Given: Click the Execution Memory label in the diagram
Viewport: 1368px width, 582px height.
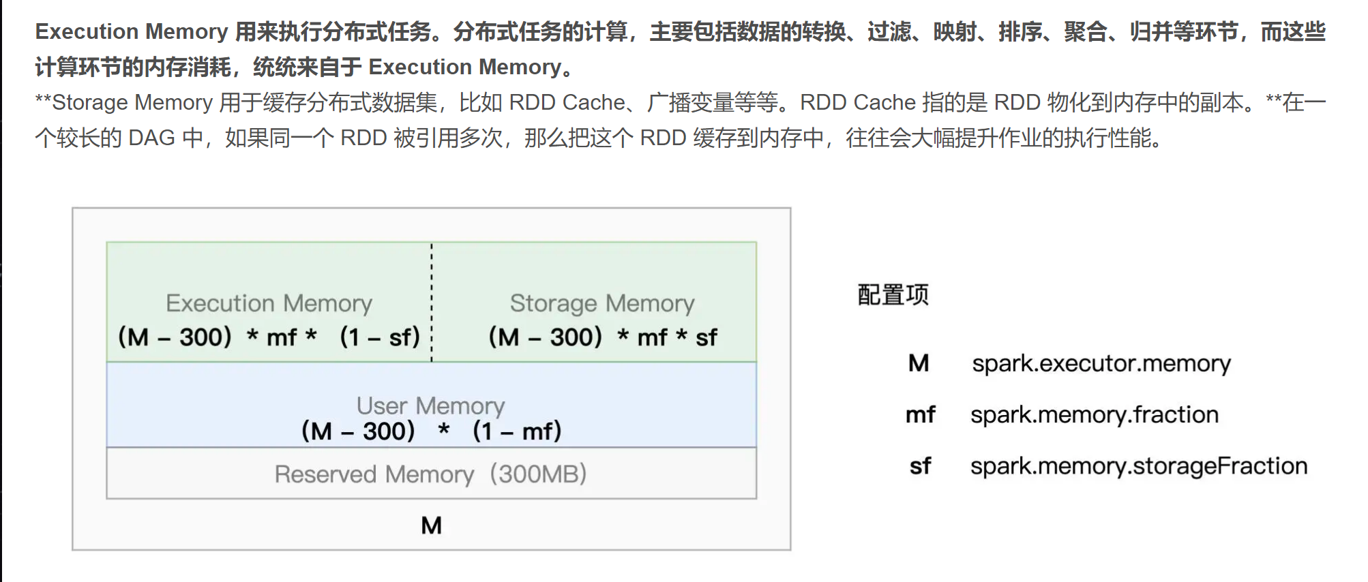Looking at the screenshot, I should [269, 303].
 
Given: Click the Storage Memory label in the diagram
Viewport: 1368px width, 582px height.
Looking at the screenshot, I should [602, 303].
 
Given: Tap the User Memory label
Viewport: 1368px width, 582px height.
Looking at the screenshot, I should [430, 406].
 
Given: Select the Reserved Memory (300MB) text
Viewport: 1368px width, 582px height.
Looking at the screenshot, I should [430, 474].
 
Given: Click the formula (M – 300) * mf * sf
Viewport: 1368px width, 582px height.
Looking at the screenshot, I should [603, 337].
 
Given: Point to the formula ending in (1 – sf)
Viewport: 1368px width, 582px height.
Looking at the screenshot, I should [269, 337].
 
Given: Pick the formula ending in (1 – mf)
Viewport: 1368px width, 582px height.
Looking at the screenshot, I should [431, 431].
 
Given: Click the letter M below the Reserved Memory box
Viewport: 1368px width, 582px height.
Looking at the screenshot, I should [431, 525].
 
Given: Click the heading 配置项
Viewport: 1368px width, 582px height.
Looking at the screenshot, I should [893, 295].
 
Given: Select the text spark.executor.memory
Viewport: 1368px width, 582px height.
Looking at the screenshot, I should [1101, 363].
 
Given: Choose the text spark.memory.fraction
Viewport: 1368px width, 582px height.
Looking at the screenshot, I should [1094, 414].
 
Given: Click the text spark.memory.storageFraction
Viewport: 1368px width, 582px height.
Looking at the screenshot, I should [1138, 466].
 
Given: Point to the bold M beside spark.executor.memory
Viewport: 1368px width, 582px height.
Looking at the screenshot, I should [919, 363].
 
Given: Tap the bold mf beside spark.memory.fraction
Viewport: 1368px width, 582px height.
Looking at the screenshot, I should [920, 414].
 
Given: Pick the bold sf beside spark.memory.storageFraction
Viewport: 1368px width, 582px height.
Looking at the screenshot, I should [920, 466].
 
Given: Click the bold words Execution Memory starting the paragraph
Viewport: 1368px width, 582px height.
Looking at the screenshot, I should [131, 31].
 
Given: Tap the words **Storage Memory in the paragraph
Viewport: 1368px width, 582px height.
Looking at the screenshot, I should [124, 102].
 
